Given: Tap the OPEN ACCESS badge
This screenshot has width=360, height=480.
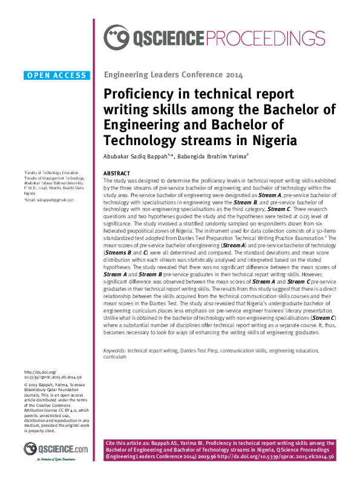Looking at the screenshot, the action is pyautogui.click(x=57, y=76).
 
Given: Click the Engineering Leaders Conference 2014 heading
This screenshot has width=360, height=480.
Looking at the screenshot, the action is pyautogui.click(x=174, y=76).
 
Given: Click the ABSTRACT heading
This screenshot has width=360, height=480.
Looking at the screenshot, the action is pyautogui.click(x=117, y=173).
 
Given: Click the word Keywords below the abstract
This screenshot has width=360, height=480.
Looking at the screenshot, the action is pyautogui.click(x=115, y=351).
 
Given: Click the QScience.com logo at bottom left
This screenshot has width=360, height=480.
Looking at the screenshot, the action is pyautogui.click(x=56, y=449).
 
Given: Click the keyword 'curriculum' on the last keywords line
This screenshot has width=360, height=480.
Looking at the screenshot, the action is pyautogui.click(x=114, y=357).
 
